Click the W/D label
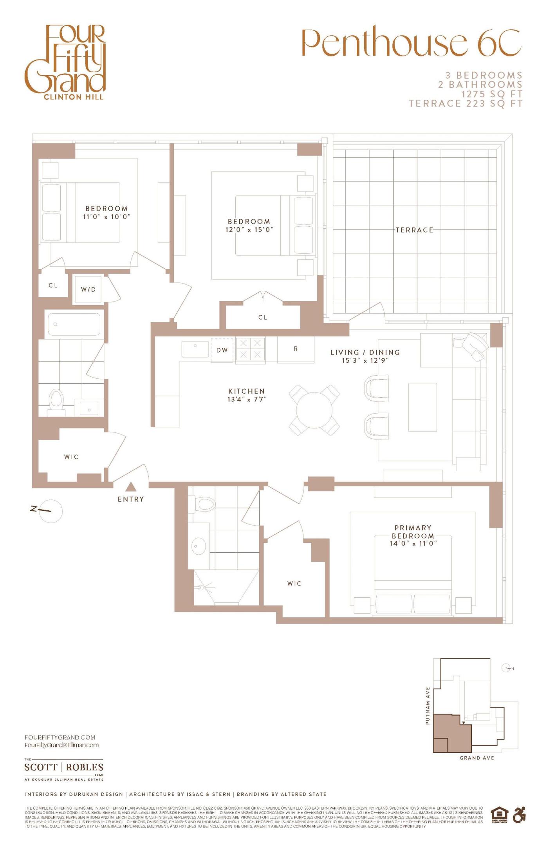pyautogui.click(x=88, y=289)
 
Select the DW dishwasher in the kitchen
pyautogui.click(x=222, y=350)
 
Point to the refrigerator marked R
pyautogui.click(x=296, y=349)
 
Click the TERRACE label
pyautogui.click(x=414, y=230)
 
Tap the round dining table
pyautogui.click(x=314, y=410)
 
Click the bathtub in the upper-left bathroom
pyautogui.click(x=74, y=324)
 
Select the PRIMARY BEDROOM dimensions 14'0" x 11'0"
pyautogui.click(x=413, y=543)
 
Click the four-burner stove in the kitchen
pyautogui.click(x=250, y=349)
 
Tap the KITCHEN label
pyautogui.click(x=247, y=391)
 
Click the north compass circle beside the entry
pyautogui.click(x=51, y=511)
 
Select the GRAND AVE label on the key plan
pyautogui.click(x=477, y=758)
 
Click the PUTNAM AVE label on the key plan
pyautogui.click(x=428, y=705)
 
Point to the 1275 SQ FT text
pyautogui.click(x=492, y=94)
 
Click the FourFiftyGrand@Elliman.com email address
pyautogui.click(x=61, y=745)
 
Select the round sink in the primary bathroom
pyautogui.click(x=199, y=546)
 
